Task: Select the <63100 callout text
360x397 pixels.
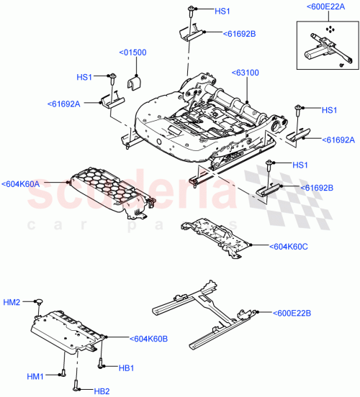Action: pyautogui.click(x=246, y=73)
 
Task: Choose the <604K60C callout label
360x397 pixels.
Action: pyautogui.click(x=289, y=246)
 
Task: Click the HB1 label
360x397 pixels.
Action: pyautogui.click(x=127, y=368)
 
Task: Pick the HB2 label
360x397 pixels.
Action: pyautogui.click(x=102, y=391)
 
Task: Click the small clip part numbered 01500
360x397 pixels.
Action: pyautogui.click(x=134, y=83)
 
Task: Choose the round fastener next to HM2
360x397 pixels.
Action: pyautogui.click(x=40, y=304)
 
